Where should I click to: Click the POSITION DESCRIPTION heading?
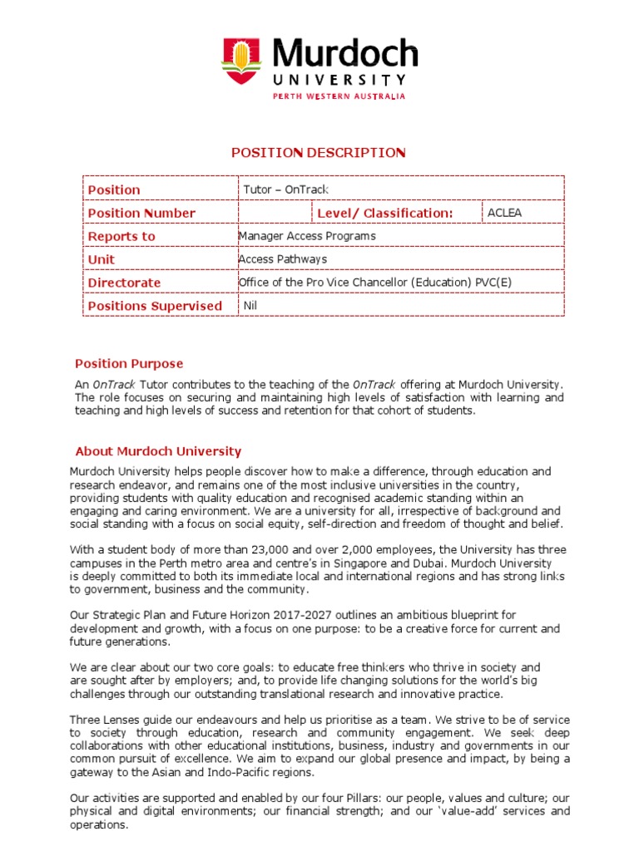pos(319,152)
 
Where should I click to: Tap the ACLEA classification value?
pos(505,213)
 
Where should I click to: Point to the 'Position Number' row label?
pos(141,214)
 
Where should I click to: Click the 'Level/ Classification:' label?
pos(385,214)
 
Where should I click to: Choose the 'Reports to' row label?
pos(121,237)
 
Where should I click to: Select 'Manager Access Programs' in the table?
pos(306,236)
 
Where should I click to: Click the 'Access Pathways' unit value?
pos(282,259)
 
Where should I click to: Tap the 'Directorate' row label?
pos(124,283)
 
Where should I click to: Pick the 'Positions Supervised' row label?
pos(155,307)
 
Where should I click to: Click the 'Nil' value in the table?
pos(250,306)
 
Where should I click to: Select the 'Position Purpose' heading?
pos(129,364)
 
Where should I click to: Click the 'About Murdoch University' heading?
pos(158,452)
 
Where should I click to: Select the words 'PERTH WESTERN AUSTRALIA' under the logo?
pos(339,96)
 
